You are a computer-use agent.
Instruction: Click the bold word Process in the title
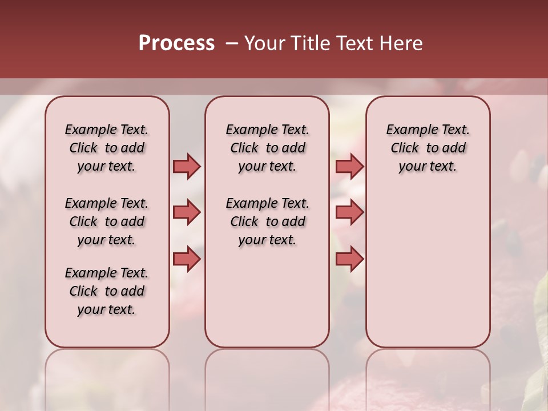[176, 43]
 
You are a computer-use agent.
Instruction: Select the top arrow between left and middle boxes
[187, 166]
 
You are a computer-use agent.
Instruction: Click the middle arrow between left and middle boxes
[187, 213]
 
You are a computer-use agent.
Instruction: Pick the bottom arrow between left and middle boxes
[187, 259]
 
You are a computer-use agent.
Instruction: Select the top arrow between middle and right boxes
[349, 166]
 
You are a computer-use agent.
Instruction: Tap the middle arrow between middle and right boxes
[349, 213]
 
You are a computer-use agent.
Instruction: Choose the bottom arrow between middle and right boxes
[349, 259]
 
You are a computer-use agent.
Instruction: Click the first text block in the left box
[107, 148]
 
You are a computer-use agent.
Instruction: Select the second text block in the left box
[107, 221]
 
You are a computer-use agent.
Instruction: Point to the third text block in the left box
[107, 291]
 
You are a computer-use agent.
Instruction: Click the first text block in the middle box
[267, 148]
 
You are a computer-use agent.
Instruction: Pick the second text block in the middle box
[267, 221]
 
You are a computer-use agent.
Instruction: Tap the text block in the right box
[428, 148]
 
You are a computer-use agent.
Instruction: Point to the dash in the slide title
[231, 43]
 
